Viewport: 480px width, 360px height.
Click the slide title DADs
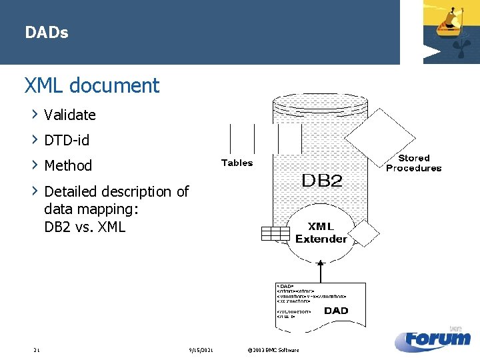click(47, 32)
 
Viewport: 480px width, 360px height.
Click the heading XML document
click(92, 85)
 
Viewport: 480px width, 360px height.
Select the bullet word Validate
click(70, 115)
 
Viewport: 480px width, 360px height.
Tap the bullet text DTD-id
click(67, 140)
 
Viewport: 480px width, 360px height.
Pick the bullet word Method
click(68, 165)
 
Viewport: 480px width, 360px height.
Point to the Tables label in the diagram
click(237, 163)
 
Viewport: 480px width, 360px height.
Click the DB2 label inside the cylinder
click(322, 181)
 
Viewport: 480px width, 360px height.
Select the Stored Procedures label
click(413, 163)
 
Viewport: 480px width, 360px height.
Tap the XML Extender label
click(321, 233)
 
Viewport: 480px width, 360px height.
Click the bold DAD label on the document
click(336, 310)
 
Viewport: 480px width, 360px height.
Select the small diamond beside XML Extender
click(364, 233)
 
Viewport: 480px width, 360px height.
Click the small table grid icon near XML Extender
click(275, 233)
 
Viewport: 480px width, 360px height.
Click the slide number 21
click(37, 350)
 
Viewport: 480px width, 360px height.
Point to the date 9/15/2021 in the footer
click(201, 350)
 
